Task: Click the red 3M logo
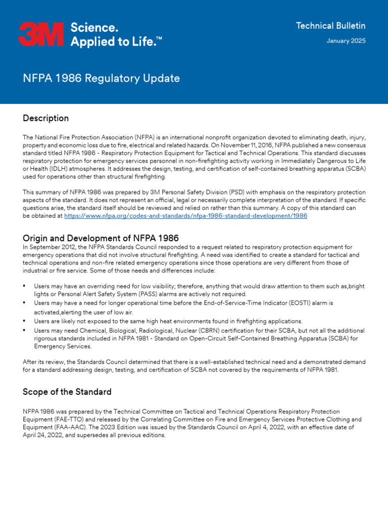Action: [41, 34]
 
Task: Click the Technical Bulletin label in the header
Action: [330, 26]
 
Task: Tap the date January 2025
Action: [346, 41]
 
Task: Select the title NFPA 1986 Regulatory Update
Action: [101, 78]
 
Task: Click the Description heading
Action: [45, 118]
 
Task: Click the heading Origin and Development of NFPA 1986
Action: [101, 238]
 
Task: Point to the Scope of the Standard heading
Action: [67, 392]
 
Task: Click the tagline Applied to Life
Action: [116, 42]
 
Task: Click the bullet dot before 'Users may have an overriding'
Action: [25, 286]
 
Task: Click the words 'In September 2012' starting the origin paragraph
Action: [47, 247]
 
